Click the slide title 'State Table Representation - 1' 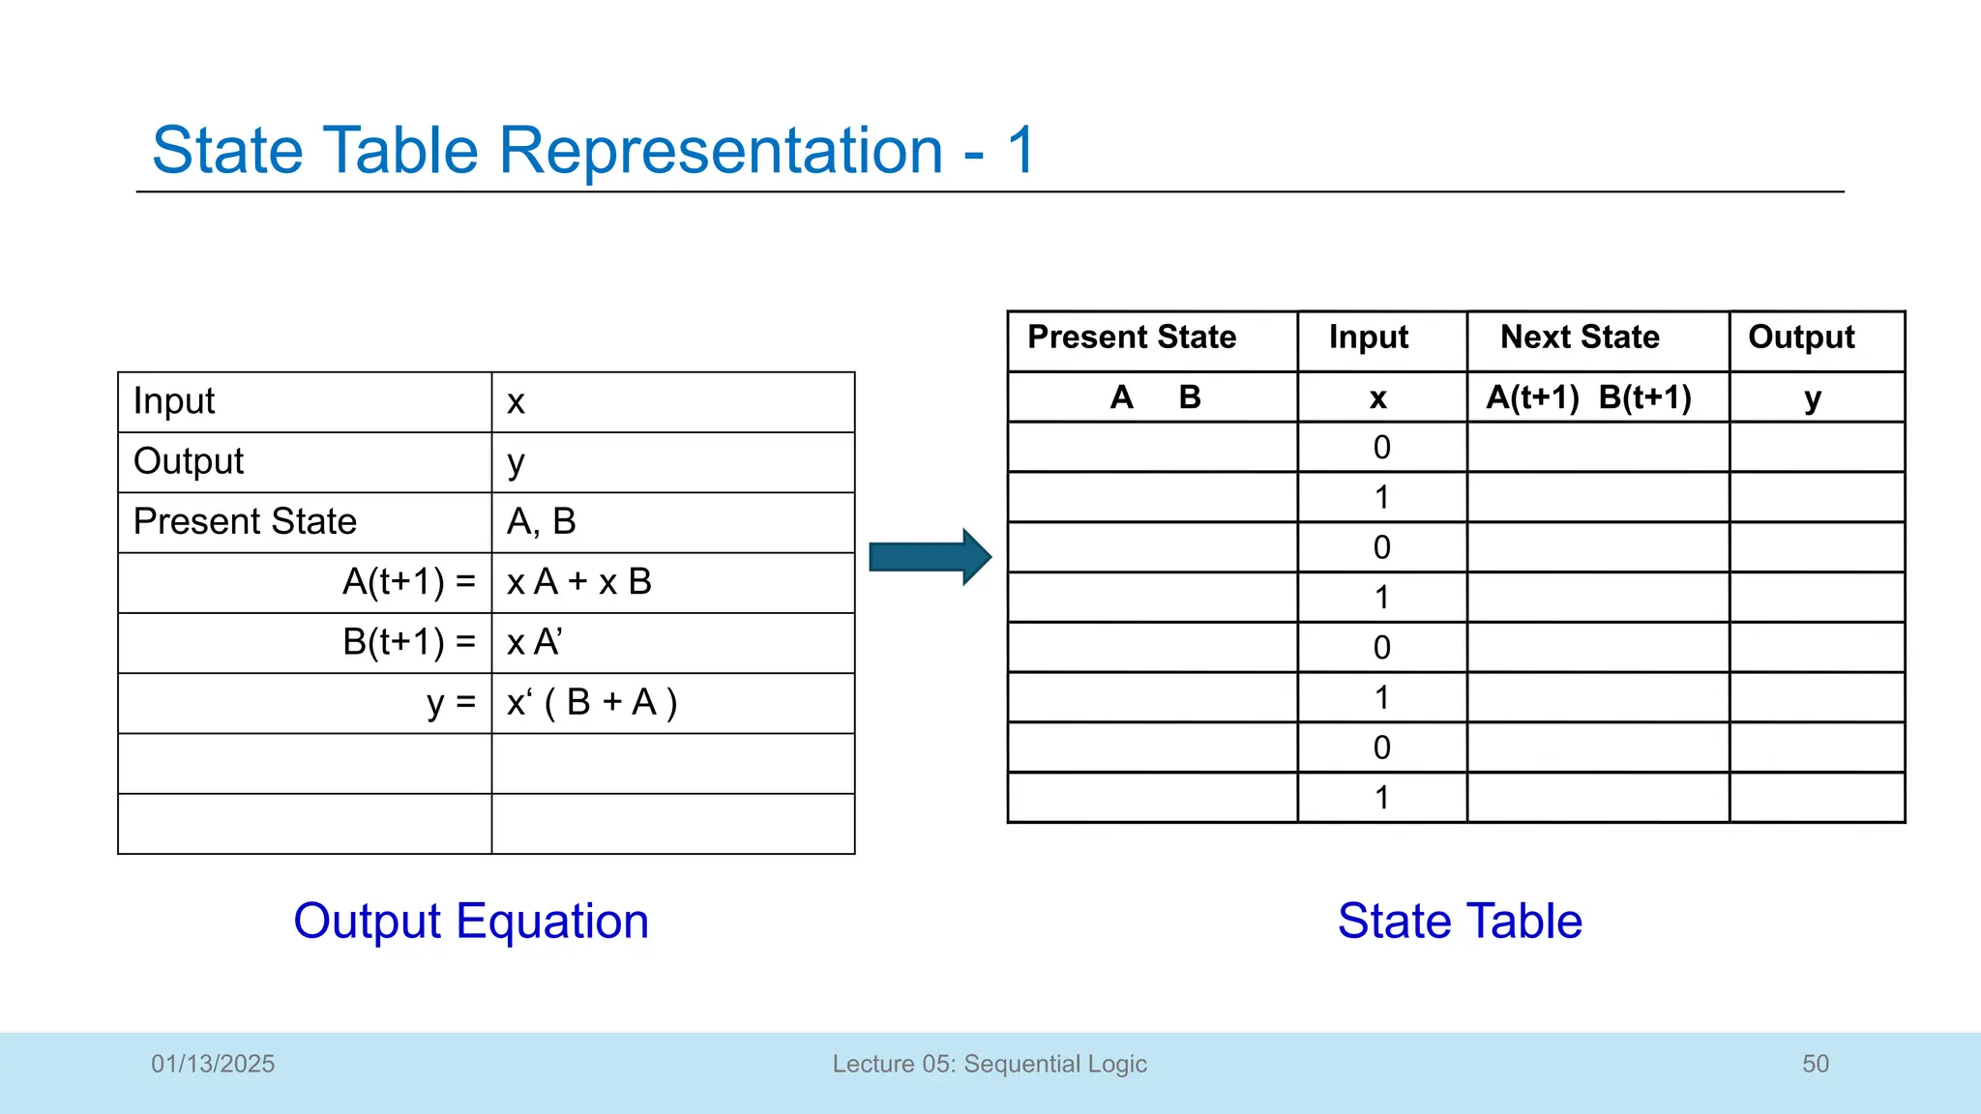(x=593, y=151)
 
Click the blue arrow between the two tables (x=929, y=557)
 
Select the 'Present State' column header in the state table (x=1132, y=337)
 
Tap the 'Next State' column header (x=1580, y=337)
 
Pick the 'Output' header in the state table (x=1801, y=337)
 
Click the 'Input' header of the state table (x=1368, y=337)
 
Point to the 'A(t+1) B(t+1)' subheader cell (x=1588, y=397)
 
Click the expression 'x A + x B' (x=578, y=582)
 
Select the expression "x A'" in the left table (x=534, y=642)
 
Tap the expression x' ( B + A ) (x=592, y=703)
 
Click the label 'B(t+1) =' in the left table (x=409, y=642)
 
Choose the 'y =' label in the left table (x=452, y=703)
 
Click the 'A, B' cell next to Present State (x=542, y=522)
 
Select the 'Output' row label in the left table (x=189, y=461)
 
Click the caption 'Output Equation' (x=471, y=921)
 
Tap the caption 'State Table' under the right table (x=1460, y=921)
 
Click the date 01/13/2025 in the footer (x=213, y=1064)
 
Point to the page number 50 (x=1815, y=1064)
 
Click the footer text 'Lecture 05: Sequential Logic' (x=990, y=1064)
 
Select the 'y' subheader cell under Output (x=1813, y=398)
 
